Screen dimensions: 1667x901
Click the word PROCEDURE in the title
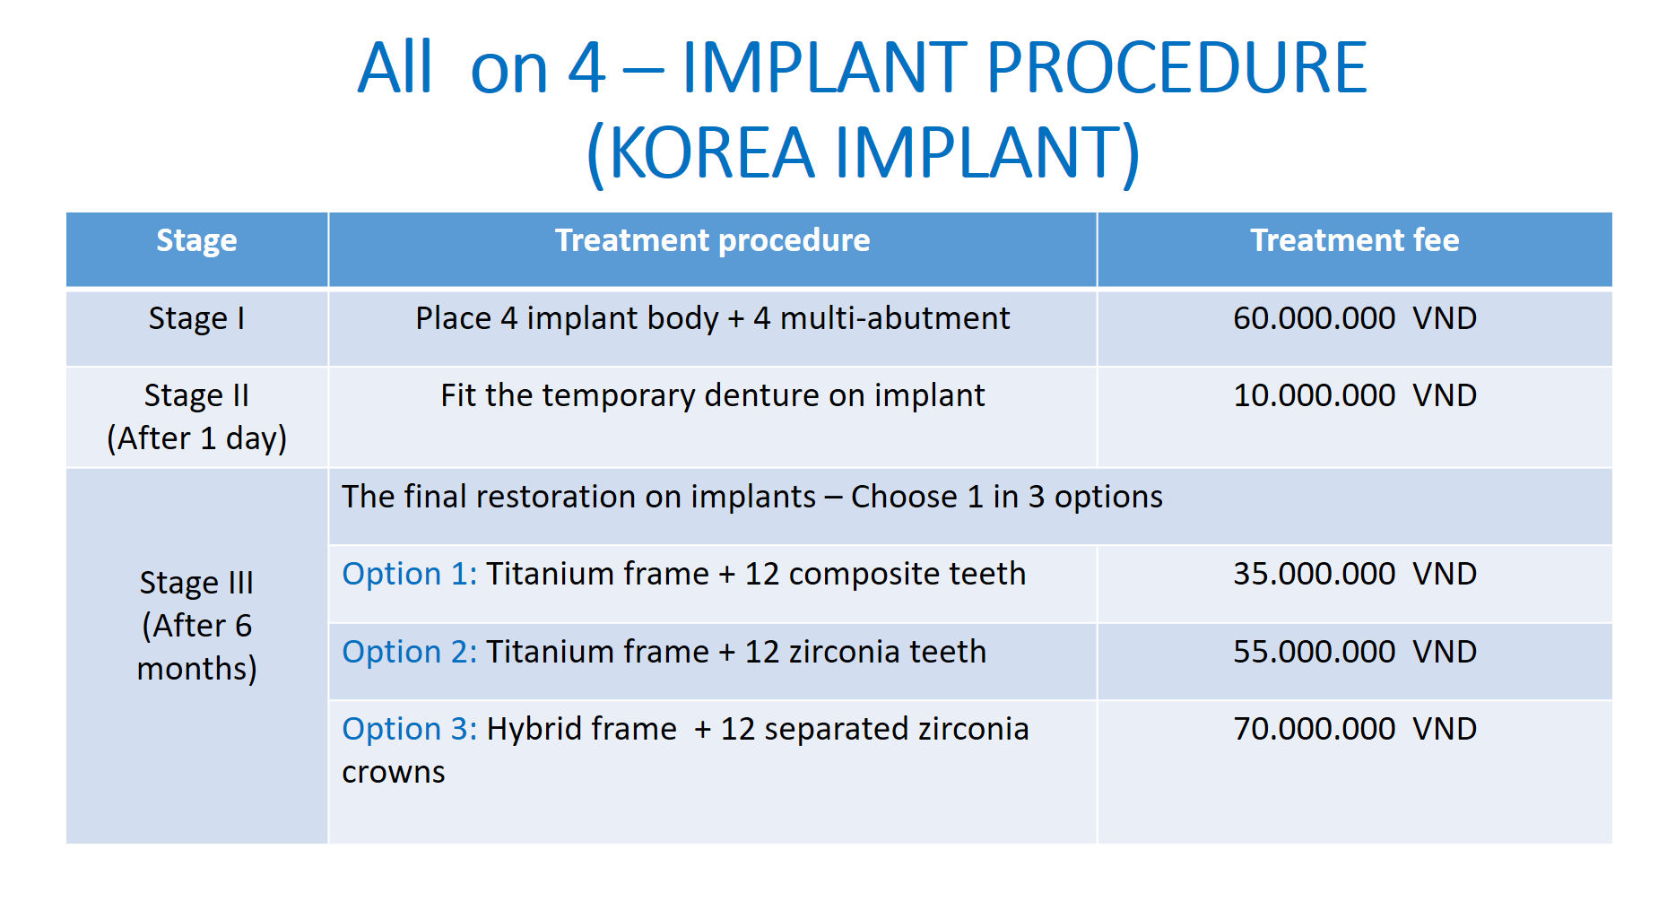(x=1176, y=68)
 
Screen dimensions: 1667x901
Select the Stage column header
(x=196, y=241)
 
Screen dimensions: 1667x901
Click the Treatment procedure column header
(x=712, y=240)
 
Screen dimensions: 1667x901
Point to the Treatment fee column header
(x=1354, y=240)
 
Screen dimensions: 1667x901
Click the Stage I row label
(x=196, y=319)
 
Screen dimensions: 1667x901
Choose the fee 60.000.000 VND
(x=1354, y=318)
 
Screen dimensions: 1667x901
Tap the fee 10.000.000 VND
(x=1354, y=395)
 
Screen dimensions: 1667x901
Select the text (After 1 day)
(x=196, y=438)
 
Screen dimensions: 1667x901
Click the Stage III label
(x=196, y=583)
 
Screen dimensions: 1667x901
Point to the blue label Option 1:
(x=410, y=574)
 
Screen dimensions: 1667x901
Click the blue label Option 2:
(x=410, y=652)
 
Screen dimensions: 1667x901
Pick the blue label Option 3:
(x=410, y=729)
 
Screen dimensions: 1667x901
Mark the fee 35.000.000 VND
(x=1354, y=574)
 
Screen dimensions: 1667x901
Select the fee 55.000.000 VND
(x=1354, y=652)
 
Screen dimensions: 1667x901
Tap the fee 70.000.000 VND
(x=1354, y=729)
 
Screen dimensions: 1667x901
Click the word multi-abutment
(x=895, y=318)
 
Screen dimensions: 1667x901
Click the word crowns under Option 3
(x=394, y=773)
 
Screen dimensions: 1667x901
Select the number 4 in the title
(x=586, y=68)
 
